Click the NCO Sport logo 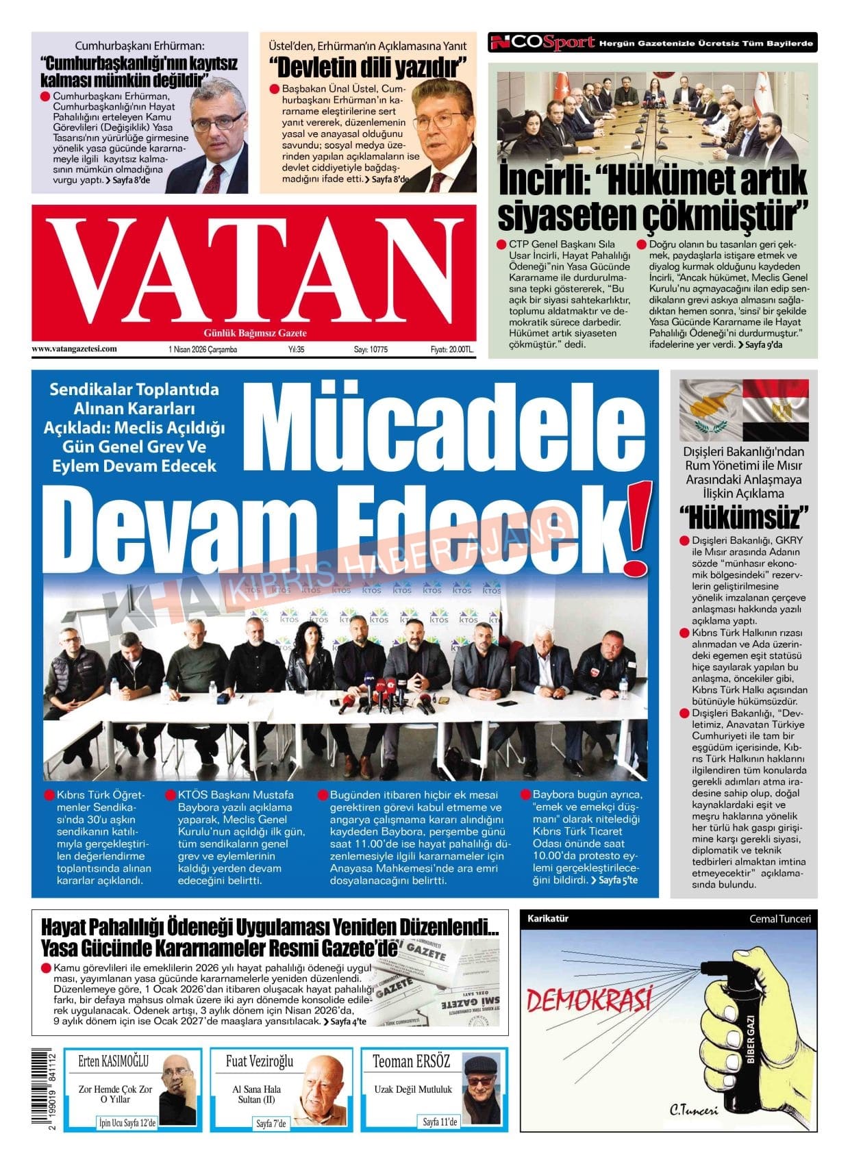tap(542, 43)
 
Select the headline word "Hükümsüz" tap(743, 518)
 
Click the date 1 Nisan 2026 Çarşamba tap(202, 349)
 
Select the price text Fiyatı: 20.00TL tap(451, 349)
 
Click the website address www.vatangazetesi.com tap(74, 349)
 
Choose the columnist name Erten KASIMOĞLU tap(113, 1061)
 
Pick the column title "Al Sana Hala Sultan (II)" tap(256, 1093)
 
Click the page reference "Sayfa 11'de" tap(440, 1122)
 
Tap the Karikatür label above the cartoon tap(547, 919)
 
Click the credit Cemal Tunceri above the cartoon tap(779, 919)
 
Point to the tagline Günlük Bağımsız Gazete tap(255, 333)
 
